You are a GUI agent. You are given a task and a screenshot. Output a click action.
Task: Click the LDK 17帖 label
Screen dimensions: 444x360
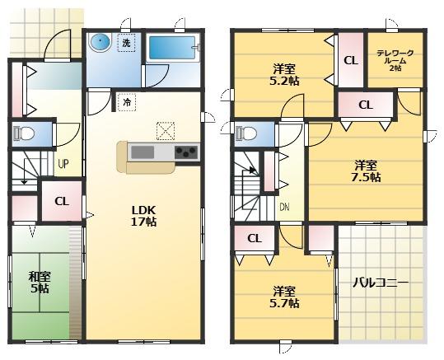click(143, 216)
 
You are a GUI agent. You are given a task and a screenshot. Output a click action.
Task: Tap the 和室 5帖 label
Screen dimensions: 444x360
click(40, 282)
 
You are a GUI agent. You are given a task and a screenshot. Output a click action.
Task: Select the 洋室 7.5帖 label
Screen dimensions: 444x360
click(366, 171)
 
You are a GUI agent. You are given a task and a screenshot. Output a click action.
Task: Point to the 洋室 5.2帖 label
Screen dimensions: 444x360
click(284, 75)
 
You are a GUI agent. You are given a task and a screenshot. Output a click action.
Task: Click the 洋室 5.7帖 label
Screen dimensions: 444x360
click(284, 297)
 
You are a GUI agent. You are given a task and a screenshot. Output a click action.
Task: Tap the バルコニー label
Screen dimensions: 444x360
click(381, 283)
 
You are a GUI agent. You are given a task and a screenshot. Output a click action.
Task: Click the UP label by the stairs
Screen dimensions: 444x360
click(63, 163)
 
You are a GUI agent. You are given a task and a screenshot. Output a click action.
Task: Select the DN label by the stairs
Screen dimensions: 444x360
click(284, 208)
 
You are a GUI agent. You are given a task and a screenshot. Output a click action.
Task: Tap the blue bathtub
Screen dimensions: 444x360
click(171, 48)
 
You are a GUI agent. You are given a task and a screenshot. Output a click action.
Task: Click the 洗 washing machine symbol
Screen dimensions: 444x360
click(126, 43)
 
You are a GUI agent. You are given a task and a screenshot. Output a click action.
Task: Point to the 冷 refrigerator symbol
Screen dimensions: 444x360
click(127, 102)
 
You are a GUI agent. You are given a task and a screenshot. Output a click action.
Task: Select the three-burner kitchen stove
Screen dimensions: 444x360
click(186, 152)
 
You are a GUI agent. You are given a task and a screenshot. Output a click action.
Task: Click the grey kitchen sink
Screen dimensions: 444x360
click(143, 152)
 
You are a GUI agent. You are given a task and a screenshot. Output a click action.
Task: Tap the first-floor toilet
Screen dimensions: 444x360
click(24, 133)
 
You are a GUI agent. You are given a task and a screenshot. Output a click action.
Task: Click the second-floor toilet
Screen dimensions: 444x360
click(246, 133)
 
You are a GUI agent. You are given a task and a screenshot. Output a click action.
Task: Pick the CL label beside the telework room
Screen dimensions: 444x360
click(351, 60)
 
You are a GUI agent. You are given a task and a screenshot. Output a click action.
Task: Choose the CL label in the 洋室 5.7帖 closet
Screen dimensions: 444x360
click(255, 238)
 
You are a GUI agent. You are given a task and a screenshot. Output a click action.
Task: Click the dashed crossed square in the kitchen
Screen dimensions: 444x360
click(166, 131)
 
